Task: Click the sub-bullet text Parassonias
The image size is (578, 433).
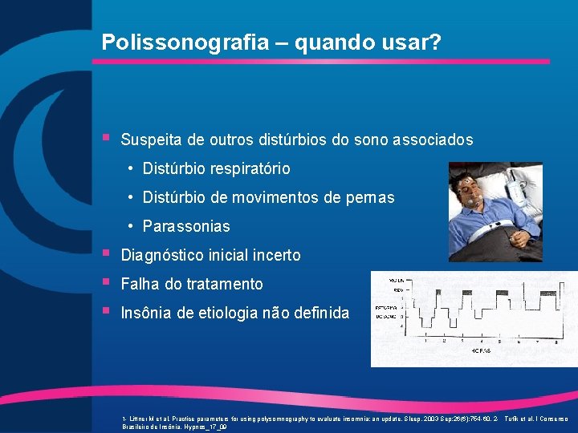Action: point(185,226)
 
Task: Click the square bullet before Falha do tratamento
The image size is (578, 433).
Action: point(107,282)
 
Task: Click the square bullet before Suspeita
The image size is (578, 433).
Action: point(107,138)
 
